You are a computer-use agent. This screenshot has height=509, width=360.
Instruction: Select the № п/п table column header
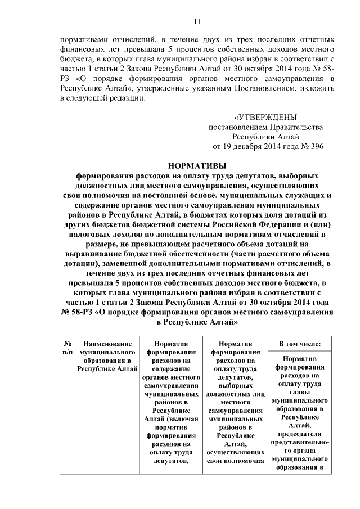click(67, 347)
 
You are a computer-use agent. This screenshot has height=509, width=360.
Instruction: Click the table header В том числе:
click(300, 343)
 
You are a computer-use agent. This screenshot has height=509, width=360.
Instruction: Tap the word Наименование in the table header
click(107, 343)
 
